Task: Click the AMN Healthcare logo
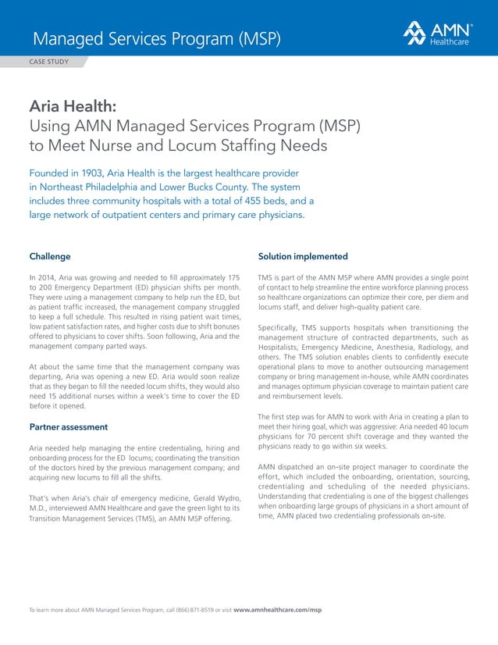click(436, 33)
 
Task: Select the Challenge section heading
click(50, 256)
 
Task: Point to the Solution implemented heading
click(303, 256)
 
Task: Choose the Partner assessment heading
click(68, 427)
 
